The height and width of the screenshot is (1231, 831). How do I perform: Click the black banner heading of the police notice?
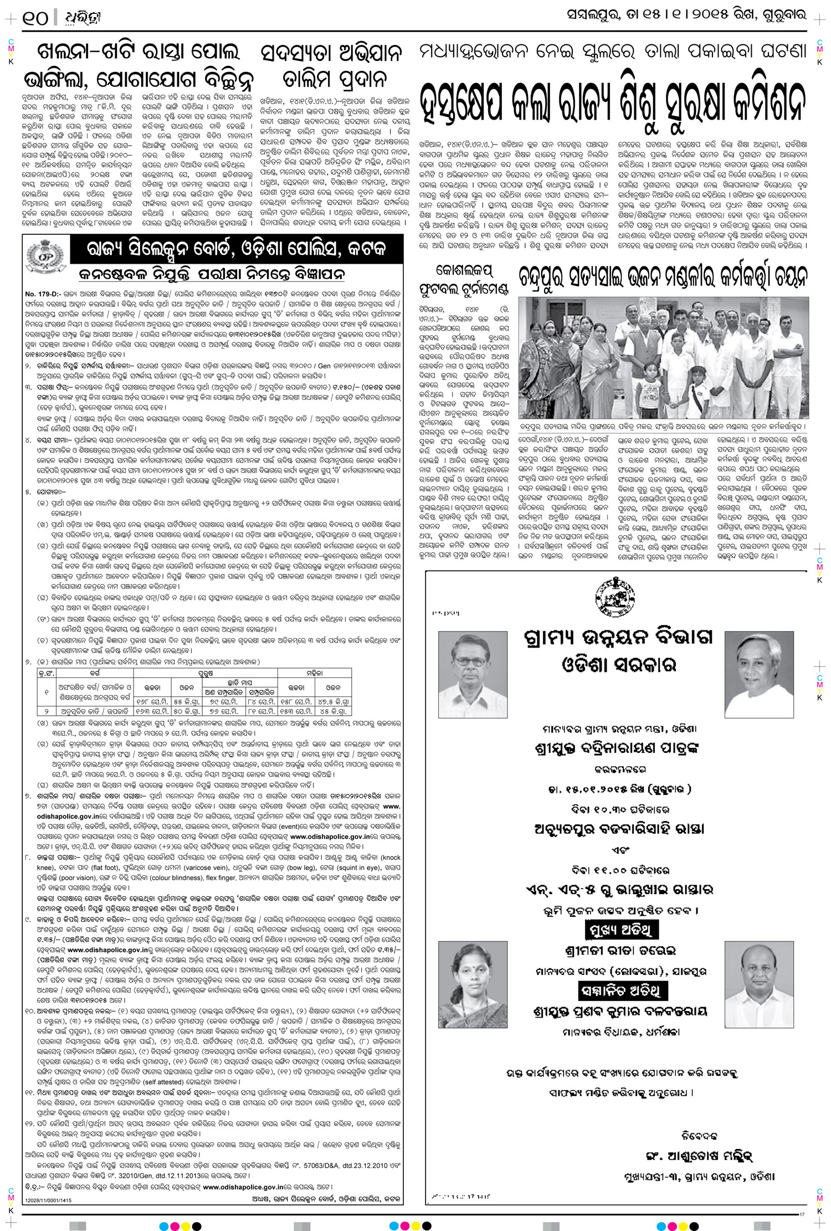[235, 249]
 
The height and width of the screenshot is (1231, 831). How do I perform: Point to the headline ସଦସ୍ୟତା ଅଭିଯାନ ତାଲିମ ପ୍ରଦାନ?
[331, 66]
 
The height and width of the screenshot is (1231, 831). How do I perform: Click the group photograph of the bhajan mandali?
[663, 357]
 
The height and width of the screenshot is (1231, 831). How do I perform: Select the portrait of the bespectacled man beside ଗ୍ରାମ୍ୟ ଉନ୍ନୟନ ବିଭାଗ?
[473, 675]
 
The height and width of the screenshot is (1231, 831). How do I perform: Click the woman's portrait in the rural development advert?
[473, 985]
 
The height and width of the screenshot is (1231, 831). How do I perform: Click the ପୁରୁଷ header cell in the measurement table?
[206, 673]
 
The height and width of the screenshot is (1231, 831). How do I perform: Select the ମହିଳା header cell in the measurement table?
[314, 673]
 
